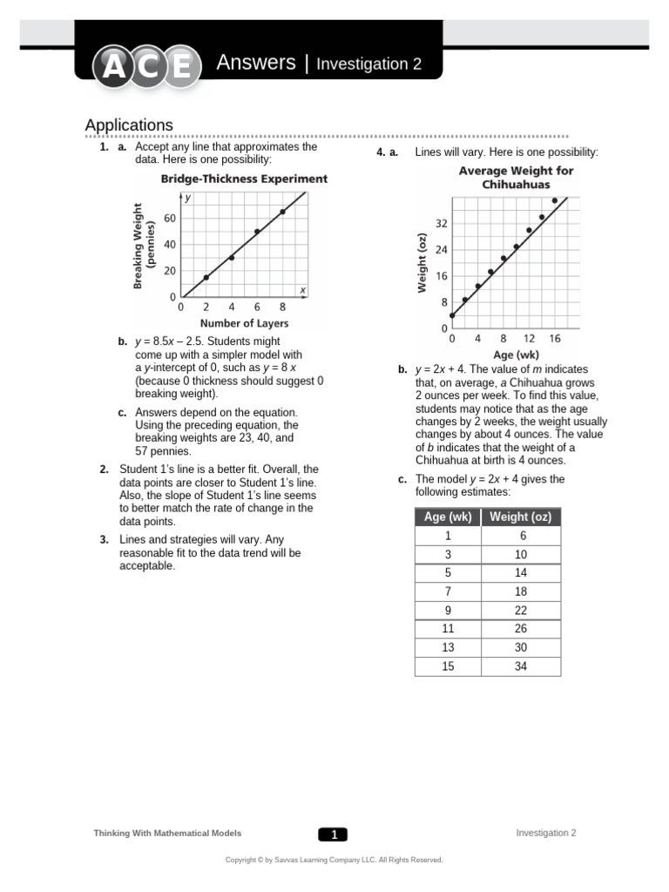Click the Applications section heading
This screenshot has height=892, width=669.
click(129, 125)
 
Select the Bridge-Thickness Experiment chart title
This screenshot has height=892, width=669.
click(243, 179)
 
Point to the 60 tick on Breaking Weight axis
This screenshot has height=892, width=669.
click(169, 218)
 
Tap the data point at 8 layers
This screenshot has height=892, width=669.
click(282, 212)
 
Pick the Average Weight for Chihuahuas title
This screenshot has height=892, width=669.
click(516, 178)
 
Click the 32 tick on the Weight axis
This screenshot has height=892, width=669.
click(442, 224)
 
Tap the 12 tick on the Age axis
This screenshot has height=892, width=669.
click(529, 339)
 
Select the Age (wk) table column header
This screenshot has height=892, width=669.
click(448, 517)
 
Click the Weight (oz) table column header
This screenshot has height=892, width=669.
click(521, 517)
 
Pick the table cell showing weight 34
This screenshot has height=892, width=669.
click(521, 666)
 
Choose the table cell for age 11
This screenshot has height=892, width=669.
click(448, 628)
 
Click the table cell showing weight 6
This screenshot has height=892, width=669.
click(521, 536)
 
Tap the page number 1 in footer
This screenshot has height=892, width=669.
click(333, 835)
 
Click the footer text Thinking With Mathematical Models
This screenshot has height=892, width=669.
click(167, 834)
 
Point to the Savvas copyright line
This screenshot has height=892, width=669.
click(334, 860)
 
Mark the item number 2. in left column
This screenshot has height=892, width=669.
click(104, 470)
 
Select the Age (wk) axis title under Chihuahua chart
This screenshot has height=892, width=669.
click(516, 355)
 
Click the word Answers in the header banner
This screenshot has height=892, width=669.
click(255, 63)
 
